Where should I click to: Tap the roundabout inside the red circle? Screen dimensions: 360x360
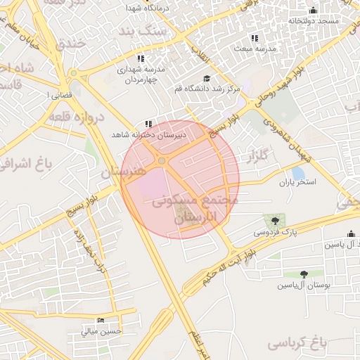pyautogui.click(x=162, y=162)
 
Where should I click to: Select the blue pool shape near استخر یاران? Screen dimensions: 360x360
pyautogui.click(x=298, y=173)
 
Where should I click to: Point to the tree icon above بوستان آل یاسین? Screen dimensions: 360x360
pyautogui.click(x=304, y=275)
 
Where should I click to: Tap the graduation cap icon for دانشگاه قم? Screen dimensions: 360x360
pyautogui.click(x=207, y=79)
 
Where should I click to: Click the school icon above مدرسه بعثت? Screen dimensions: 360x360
pyautogui.click(x=254, y=38)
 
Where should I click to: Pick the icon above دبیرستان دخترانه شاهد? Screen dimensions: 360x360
pyautogui.click(x=148, y=124)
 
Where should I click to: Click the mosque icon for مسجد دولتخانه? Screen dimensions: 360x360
pyautogui.click(x=313, y=11)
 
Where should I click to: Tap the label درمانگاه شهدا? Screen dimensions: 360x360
pyautogui.click(x=145, y=7)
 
